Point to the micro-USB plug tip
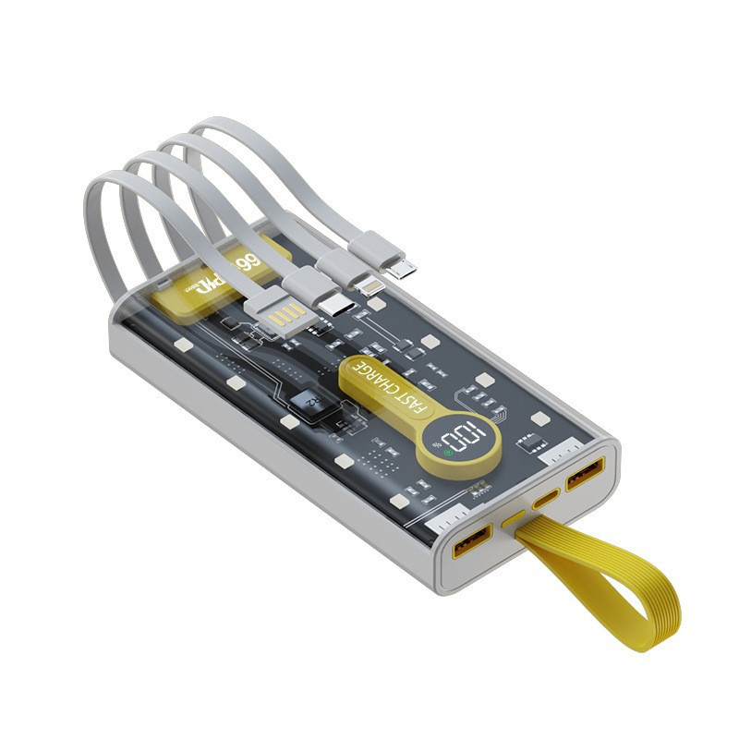tap(402, 269)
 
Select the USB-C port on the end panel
tap(546, 500)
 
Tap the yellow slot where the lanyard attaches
tap(514, 521)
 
